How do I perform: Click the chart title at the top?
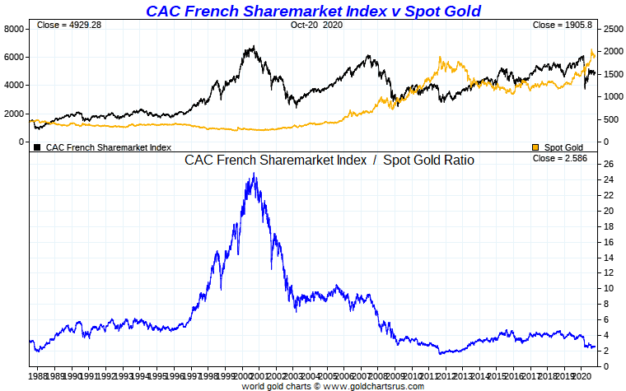point(313,11)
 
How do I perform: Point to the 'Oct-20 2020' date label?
point(315,26)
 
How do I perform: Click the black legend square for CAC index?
point(37,147)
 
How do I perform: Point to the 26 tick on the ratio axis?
point(606,164)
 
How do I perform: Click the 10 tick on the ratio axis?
point(606,288)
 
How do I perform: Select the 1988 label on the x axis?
point(39,375)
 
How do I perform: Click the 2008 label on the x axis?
point(376,375)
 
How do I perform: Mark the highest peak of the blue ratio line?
point(255,174)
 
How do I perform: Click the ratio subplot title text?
point(329,160)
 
